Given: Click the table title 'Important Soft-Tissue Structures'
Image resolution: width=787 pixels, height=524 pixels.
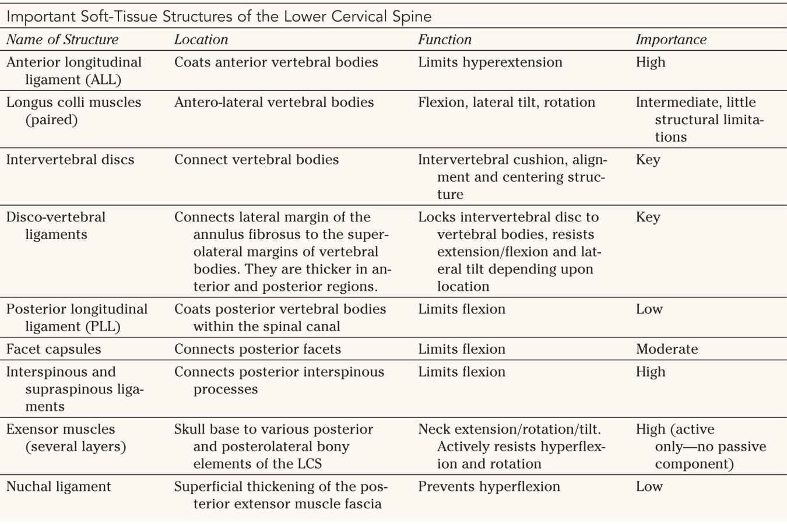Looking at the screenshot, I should pos(219,16).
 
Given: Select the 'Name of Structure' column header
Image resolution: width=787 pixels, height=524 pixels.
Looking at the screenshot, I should pos(62,40).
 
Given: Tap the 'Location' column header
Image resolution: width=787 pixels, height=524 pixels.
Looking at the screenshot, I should pos(201,40).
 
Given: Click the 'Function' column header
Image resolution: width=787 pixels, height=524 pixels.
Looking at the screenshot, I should pos(445,40).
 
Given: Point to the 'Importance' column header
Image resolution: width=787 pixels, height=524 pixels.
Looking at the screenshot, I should pos(671,40).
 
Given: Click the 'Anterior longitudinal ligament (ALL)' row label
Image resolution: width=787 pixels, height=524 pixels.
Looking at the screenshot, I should pos(74,71).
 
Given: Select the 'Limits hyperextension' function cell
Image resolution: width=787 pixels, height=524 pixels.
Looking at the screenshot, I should pos(490,62).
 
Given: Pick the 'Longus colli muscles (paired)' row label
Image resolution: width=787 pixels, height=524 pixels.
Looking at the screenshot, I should pos(73,111).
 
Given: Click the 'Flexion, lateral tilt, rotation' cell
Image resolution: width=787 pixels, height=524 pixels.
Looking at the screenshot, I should pos(507,103).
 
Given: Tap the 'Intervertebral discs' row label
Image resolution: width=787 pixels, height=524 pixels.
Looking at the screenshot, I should pos(70,160).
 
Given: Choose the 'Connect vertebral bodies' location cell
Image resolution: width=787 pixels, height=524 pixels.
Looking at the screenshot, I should pos(257,160).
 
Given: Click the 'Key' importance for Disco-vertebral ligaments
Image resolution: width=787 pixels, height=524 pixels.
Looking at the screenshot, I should pos(648,217).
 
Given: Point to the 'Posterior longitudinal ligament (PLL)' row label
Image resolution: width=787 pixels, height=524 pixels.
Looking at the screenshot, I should pos(77,318).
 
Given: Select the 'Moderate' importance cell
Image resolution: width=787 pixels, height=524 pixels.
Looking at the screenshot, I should pos(667,349).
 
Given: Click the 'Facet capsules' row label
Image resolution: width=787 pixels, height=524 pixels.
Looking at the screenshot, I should pos(54,349).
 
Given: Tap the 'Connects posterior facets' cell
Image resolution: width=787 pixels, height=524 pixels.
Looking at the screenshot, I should pos(258,349).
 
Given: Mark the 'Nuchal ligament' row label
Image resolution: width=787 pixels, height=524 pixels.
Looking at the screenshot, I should pos(58,487).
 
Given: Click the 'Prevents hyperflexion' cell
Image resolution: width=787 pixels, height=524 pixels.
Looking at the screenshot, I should pos(489,487).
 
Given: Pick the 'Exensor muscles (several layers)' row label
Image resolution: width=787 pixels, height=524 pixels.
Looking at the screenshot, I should pos(66,438).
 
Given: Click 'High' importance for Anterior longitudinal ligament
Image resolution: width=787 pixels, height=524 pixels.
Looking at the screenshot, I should pos(651,62).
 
